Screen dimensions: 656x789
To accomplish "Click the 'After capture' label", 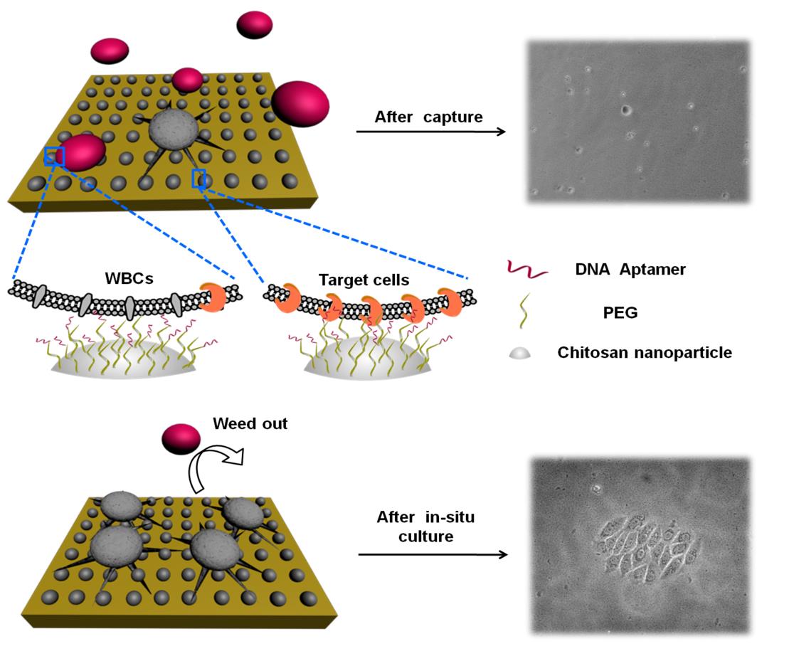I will [x=428, y=117].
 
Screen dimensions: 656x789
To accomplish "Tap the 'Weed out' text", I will [x=250, y=423].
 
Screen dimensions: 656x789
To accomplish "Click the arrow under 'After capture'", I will [x=430, y=132].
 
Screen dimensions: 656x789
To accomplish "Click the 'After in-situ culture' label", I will [x=425, y=527].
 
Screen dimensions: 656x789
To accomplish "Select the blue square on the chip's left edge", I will [x=54, y=156].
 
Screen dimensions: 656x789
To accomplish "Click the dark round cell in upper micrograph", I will [x=626, y=110].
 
